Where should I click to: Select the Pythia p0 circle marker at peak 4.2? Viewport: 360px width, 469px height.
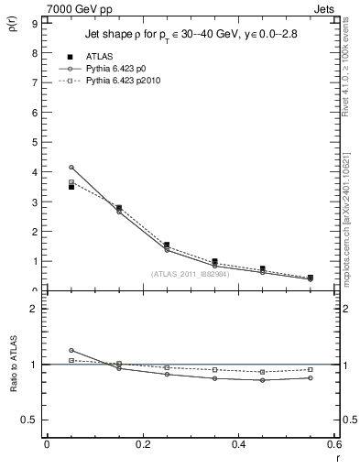(71, 168)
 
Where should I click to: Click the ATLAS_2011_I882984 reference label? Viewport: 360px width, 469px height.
(191, 274)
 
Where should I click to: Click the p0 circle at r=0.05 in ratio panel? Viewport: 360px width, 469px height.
(71, 350)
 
